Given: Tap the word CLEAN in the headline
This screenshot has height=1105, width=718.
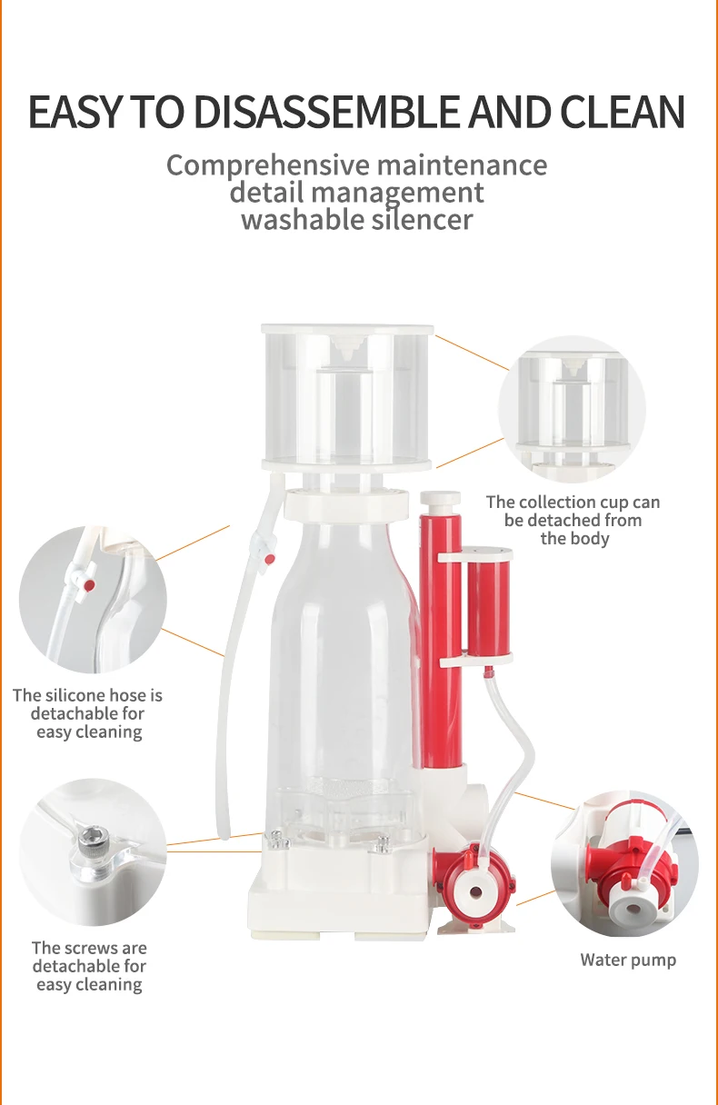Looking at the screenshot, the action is [622, 112].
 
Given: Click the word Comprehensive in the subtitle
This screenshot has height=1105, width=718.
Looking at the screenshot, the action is [268, 165].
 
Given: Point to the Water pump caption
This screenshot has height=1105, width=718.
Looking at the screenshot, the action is [628, 960].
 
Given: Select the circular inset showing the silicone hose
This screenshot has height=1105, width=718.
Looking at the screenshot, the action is [93, 600].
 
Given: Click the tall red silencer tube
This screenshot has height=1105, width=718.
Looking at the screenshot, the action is [441, 636].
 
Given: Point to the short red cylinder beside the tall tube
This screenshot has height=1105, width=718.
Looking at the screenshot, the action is [489, 603].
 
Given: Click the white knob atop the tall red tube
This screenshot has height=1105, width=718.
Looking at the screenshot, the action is [440, 499].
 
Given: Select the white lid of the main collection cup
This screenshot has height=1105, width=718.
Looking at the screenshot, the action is [347, 329].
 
